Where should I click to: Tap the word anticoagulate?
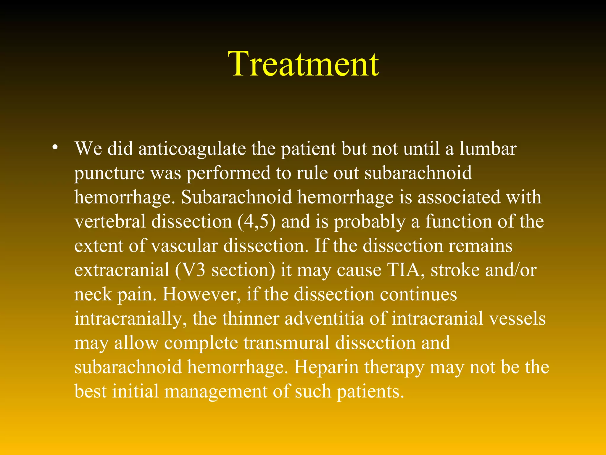[192, 149]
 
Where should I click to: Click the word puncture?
[109, 174]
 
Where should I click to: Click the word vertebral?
[110, 222]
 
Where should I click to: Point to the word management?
[216, 392]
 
